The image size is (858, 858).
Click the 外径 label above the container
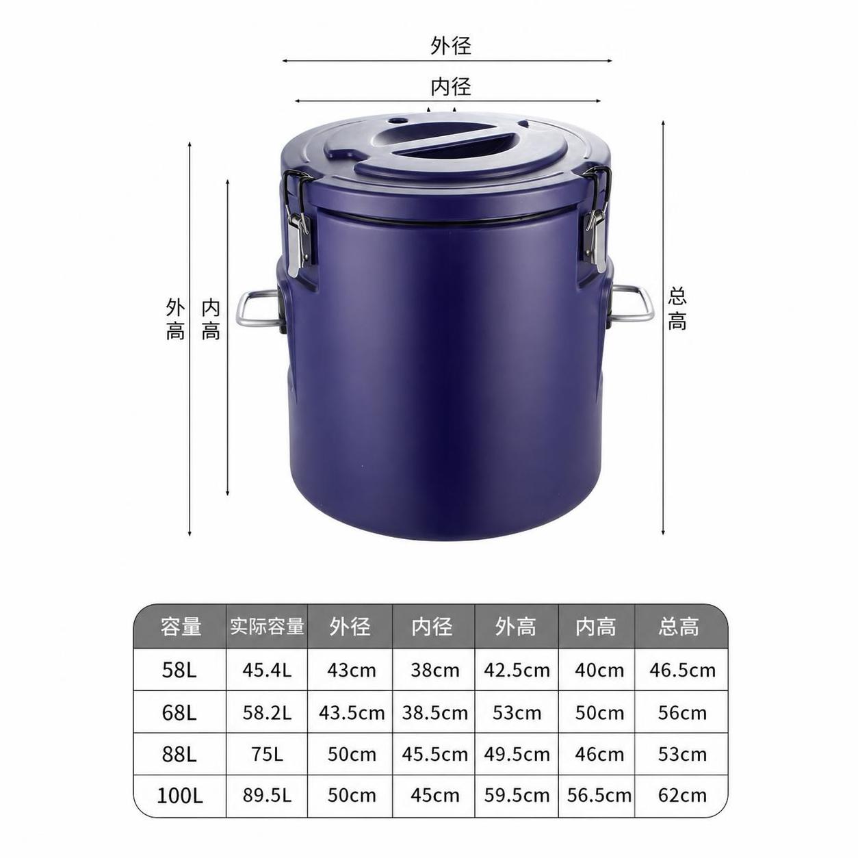pyautogui.click(x=450, y=45)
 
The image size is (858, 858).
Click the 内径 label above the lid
pyautogui.click(x=450, y=86)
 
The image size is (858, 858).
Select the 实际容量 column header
pyautogui.click(x=267, y=627)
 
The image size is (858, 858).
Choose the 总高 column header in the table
pyautogui.click(x=679, y=627)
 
